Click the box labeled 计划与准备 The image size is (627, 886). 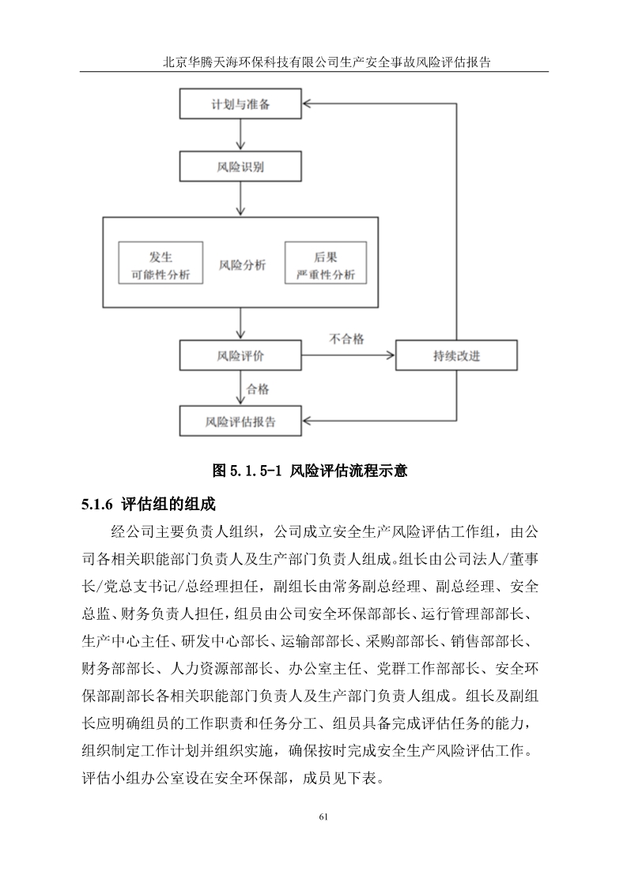240,104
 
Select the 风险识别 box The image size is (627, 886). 240,167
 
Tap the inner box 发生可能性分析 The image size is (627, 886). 161,263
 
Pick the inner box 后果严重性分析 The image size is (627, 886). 326,263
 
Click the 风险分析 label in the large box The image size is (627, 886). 242,265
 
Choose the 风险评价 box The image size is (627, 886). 240,355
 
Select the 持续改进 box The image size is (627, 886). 456,355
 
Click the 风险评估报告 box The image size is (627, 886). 240,421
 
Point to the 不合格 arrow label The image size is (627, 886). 346,339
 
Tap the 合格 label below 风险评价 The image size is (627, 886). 258,389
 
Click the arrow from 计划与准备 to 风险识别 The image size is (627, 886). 241,135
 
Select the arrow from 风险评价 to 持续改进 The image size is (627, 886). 348,355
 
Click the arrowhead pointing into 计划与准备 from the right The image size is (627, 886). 308,104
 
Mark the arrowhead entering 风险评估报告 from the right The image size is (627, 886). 308,421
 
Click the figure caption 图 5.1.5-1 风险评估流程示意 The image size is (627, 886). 310,471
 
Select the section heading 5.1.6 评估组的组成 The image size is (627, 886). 149,504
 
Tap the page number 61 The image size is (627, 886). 323,817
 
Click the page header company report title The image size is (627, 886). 327,62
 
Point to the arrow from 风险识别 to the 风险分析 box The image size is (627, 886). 241,199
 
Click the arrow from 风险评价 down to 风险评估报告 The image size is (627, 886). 241,389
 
